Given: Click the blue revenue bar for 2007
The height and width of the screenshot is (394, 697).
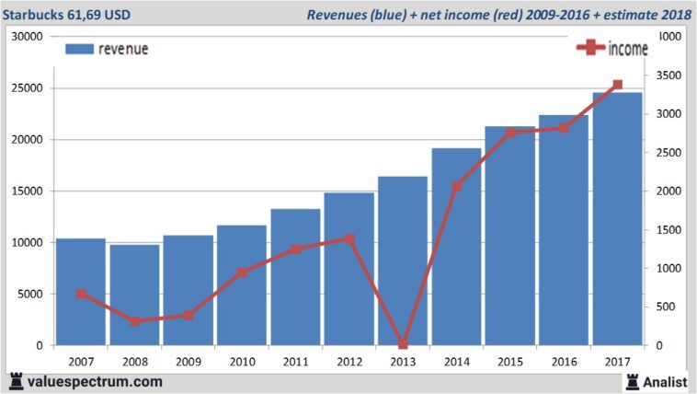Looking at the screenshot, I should pos(81,292).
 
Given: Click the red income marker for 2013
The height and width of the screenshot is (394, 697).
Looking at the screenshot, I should pos(403,343).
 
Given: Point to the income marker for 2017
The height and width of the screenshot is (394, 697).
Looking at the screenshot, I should pos(617,85).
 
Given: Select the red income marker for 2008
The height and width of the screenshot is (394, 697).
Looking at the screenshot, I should pos(135,321).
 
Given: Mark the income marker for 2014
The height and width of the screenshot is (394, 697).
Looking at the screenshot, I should pos(457,186).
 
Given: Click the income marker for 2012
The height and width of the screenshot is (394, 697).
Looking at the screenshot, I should pos(349,238).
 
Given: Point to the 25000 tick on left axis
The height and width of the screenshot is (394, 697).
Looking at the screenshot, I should pos(26,88).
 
